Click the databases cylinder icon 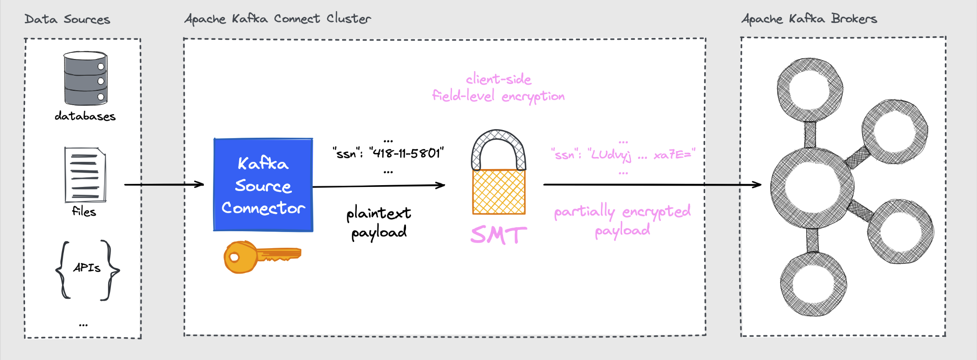(x=85, y=78)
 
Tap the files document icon (x=85, y=175)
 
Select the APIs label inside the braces (x=87, y=268)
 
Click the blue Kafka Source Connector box (x=263, y=185)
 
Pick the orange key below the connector (x=262, y=256)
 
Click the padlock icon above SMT (x=499, y=172)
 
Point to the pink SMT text (x=499, y=235)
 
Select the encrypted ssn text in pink (x=623, y=155)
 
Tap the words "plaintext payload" (x=379, y=222)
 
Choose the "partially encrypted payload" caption (x=622, y=220)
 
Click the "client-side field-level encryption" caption (x=498, y=88)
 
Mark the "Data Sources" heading (x=67, y=19)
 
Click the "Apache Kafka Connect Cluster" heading (x=278, y=19)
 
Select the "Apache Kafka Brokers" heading (x=809, y=19)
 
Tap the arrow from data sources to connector (x=164, y=184)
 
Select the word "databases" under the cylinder (x=85, y=116)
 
